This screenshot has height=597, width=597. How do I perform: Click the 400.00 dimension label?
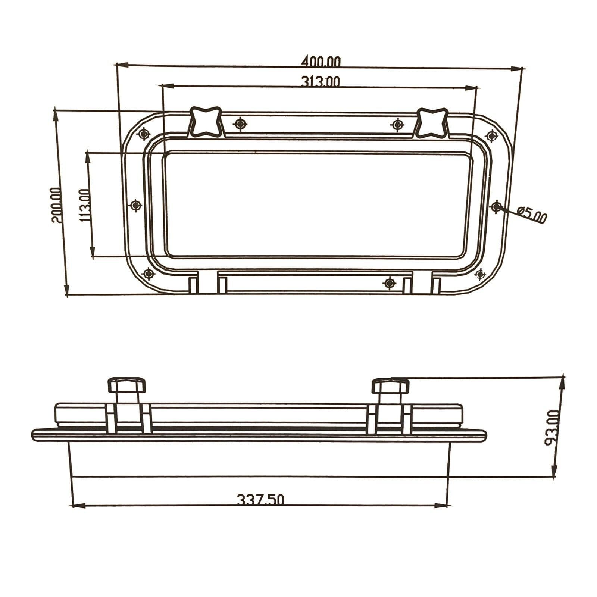point(321,61)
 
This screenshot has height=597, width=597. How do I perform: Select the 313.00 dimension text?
point(321,81)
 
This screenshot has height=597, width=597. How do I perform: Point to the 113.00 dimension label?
point(85,205)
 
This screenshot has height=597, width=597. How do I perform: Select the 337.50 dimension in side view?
point(261,499)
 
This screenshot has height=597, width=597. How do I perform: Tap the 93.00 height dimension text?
point(552,428)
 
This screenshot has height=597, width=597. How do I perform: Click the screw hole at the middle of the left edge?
point(135,205)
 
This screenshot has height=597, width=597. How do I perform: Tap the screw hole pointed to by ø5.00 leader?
point(497,206)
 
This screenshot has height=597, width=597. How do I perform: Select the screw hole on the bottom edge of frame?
point(389,283)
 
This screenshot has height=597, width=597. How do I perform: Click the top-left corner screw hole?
point(144,134)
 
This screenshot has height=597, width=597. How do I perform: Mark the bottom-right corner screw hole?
point(480,275)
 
